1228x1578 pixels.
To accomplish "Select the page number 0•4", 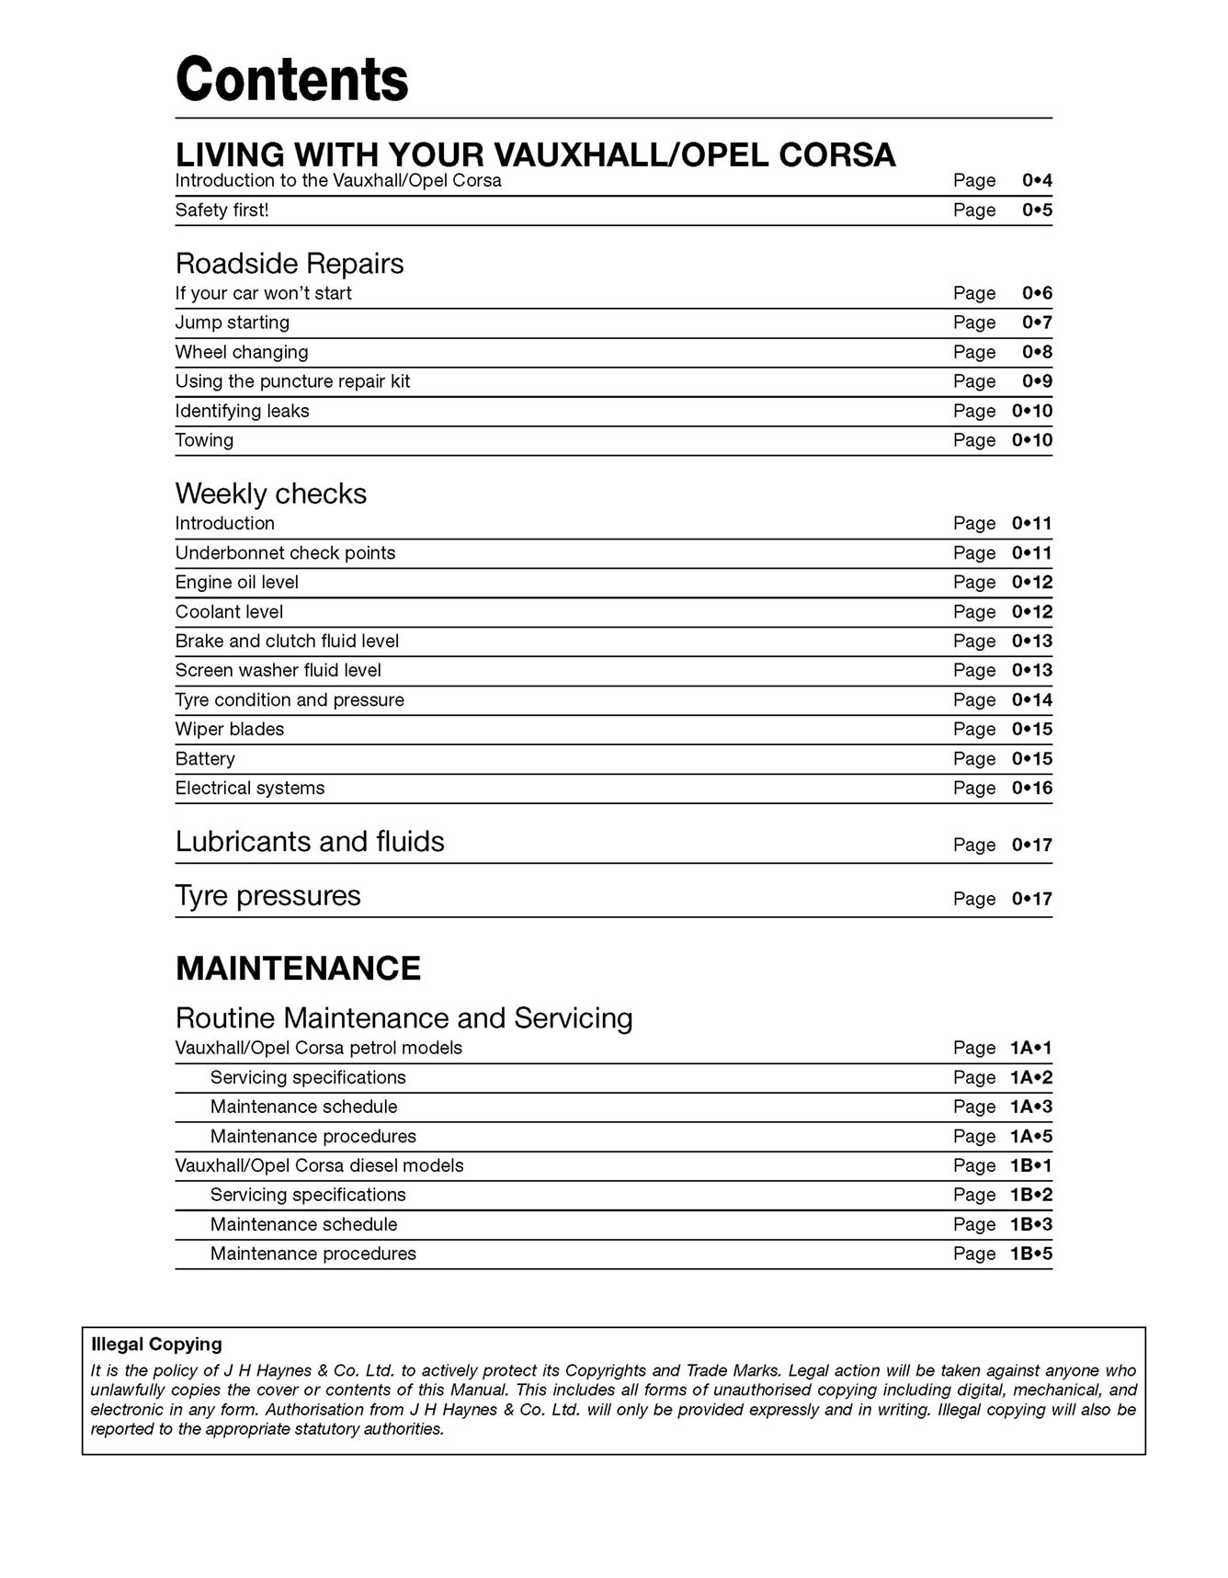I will point(1037,181).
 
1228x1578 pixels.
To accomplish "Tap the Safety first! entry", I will point(222,210).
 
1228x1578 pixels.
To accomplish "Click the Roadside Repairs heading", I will point(290,264).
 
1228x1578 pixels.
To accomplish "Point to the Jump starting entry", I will point(232,323).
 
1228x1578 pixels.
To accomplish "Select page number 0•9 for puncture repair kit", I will point(1037,381).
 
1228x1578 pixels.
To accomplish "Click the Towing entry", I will point(204,440).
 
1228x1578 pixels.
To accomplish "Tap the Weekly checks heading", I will point(270,494).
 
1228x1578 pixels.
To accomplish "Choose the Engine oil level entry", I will point(236,583).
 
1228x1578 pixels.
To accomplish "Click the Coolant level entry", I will point(229,612).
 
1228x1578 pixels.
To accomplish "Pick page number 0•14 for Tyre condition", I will point(1032,700).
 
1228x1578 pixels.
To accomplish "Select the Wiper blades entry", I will point(229,730).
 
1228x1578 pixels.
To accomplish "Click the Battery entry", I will point(205,759).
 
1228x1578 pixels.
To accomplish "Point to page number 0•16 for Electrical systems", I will point(1032,789).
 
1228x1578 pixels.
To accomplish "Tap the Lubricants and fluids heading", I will point(310,842).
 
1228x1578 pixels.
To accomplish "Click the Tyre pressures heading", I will point(267,896).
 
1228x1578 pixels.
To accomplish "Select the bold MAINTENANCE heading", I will point(298,969).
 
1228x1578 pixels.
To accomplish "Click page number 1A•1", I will point(1030,1049).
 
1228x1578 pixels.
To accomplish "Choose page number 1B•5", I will point(1030,1254).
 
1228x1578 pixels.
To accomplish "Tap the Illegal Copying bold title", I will point(156,1345).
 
